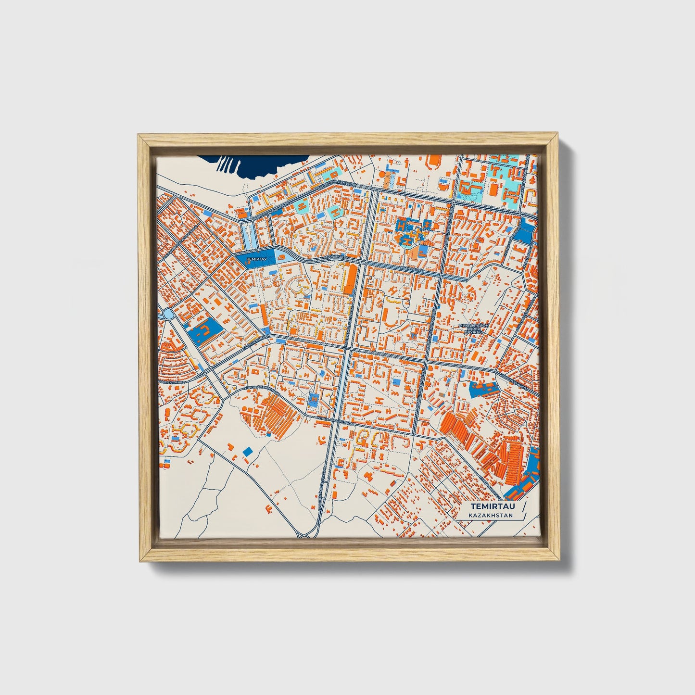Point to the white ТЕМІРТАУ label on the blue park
coord(256,259)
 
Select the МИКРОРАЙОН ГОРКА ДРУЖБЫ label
coord(474,329)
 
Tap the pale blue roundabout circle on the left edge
coord(168,314)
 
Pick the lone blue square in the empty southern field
coord(248,451)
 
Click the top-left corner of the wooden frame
coord(140,137)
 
